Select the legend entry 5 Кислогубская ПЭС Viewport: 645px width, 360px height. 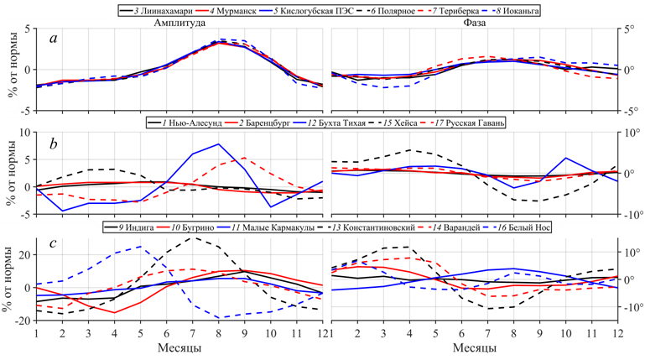315,11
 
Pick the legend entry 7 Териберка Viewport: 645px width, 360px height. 449,11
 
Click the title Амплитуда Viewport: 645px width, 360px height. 171,23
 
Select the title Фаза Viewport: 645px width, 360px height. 474,23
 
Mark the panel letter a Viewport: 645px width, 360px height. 53,39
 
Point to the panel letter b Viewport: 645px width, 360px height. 53,144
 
